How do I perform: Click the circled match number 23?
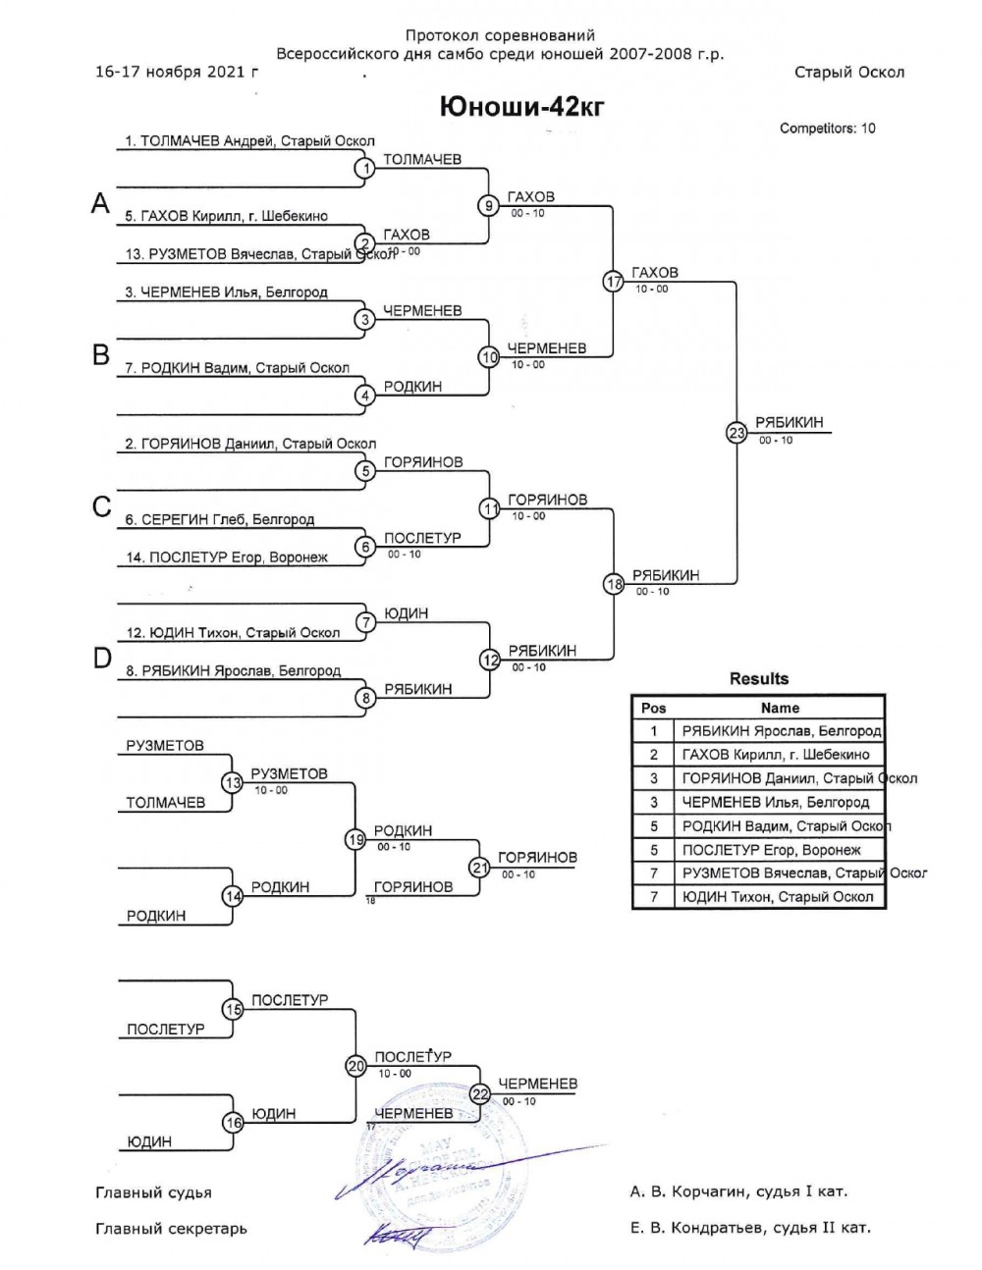736,432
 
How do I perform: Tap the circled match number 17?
614,282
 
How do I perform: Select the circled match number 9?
489,206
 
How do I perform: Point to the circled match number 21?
479,867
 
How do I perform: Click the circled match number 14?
233,896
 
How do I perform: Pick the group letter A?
100,203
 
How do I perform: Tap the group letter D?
102,659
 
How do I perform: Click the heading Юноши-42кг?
521,106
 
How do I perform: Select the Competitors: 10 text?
827,129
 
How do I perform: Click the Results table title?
758,678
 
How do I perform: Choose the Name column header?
780,708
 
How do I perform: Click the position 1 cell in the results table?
653,731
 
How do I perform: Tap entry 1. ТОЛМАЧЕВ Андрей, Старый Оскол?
249,141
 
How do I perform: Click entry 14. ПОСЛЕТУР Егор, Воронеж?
239,557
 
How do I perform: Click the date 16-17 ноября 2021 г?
178,72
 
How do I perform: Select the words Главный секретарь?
171,1228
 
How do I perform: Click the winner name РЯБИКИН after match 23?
789,423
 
